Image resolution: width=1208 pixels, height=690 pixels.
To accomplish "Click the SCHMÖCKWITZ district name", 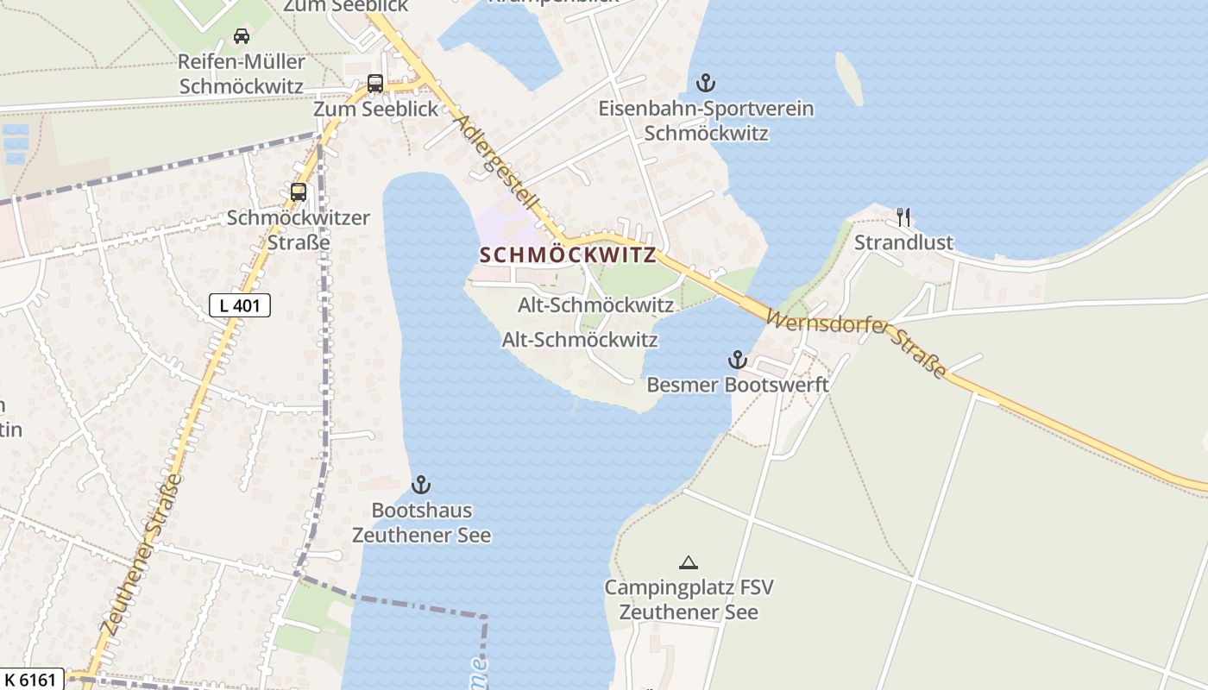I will point(567,255).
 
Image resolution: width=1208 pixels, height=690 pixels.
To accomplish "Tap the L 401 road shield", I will point(240,304).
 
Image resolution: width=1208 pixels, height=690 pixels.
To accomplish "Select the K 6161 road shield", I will point(32,680).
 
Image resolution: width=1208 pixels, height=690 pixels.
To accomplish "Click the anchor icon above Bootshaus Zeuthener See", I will point(421,485).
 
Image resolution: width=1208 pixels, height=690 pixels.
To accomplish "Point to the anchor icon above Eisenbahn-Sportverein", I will point(706,84).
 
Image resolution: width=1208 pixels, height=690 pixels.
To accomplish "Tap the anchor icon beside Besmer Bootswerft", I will point(737,360).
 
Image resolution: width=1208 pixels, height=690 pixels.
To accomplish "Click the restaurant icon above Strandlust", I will point(903,217).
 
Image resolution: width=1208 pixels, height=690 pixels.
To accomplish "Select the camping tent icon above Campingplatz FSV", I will point(688,563).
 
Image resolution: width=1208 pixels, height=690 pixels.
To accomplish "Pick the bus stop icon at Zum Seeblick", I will point(375,84).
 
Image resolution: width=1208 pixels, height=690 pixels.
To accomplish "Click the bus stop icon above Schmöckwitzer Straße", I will point(299,192).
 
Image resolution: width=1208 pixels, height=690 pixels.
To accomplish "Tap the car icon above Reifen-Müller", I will point(242,36).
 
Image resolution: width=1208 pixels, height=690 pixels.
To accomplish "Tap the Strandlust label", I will point(903,242).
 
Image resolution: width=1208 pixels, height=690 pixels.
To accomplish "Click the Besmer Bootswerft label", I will point(738,385).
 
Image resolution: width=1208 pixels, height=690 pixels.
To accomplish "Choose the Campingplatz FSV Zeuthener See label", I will point(689,600).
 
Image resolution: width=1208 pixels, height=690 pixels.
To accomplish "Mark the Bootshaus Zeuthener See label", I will point(421,523).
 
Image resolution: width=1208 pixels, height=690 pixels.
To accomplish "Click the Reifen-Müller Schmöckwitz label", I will point(242,74).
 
